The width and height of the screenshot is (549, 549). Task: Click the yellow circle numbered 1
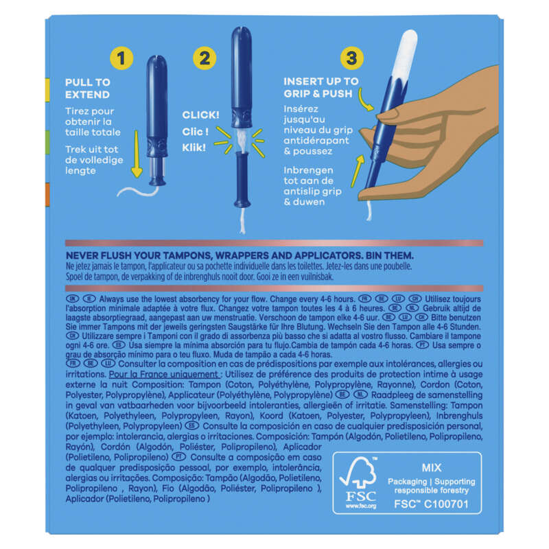click(x=121, y=58)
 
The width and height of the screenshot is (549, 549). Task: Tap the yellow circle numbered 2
click(x=205, y=58)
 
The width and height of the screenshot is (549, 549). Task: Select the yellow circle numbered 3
click(x=351, y=58)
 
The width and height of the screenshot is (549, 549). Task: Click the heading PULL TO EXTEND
click(x=88, y=89)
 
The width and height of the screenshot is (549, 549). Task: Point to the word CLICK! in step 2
click(x=200, y=115)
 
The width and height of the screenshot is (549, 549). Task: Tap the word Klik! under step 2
click(x=194, y=148)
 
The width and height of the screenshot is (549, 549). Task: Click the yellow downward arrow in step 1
click(x=137, y=154)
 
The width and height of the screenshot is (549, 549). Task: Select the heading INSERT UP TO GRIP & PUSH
click(x=321, y=88)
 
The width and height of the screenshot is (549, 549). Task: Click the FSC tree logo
click(x=358, y=472)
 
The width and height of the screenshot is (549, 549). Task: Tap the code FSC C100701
click(x=431, y=504)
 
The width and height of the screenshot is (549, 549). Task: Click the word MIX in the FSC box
click(x=432, y=468)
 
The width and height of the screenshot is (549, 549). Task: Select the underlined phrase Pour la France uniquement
click(x=164, y=374)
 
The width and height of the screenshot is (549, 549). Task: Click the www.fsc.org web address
click(x=361, y=506)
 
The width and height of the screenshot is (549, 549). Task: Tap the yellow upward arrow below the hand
click(x=358, y=171)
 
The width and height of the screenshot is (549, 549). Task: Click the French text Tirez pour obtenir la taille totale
click(x=93, y=121)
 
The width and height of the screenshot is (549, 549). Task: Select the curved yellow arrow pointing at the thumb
click(x=365, y=100)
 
